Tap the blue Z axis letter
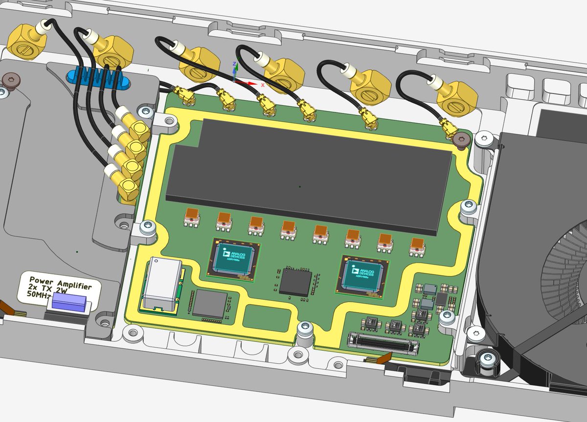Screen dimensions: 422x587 click(x=235, y=64)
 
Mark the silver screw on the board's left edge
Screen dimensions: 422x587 click(x=147, y=227)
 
